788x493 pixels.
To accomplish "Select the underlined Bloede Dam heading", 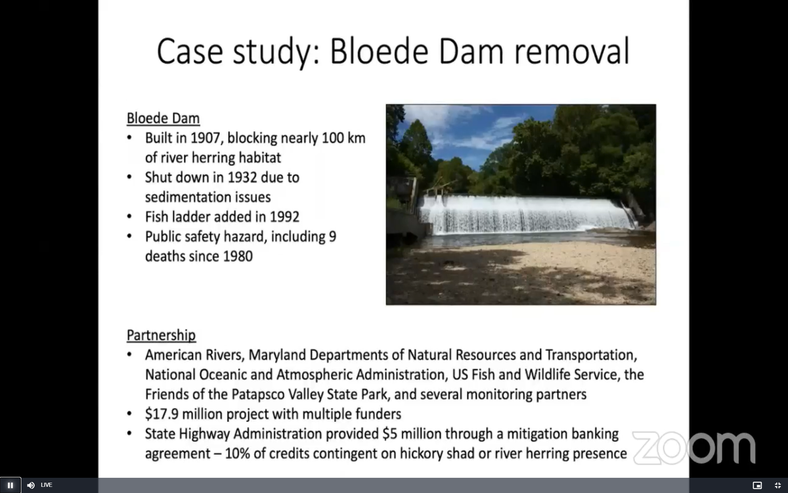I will click(x=163, y=119).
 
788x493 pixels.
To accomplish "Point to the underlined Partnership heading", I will click(x=161, y=335).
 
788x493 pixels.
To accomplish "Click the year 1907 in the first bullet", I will click(x=209, y=139).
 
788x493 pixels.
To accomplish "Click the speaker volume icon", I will click(x=31, y=485).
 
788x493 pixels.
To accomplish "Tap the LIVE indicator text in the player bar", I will click(x=47, y=485).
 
